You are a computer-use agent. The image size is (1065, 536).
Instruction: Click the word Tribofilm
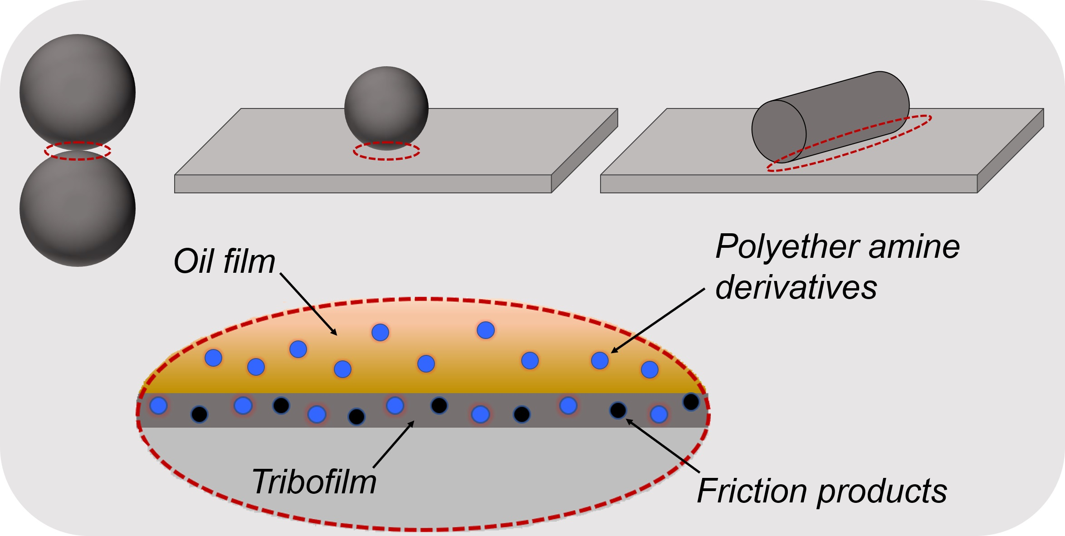coord(314,482)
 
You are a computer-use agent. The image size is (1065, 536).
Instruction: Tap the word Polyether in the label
coord(787,247)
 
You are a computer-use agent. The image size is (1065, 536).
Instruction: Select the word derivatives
coord(796,288)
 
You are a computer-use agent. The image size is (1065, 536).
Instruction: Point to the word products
coord(882,493)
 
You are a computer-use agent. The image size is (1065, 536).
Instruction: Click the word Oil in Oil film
coord(193,262)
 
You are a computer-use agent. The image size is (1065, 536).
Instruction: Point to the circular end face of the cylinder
coord(779,131)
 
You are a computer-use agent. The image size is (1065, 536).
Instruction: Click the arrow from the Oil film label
coord(308,304)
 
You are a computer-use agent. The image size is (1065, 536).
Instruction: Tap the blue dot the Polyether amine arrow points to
coord(600,361)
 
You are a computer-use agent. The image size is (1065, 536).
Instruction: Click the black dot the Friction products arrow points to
coord(618,410)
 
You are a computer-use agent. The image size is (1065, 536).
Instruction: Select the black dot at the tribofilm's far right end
coord(691,402)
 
